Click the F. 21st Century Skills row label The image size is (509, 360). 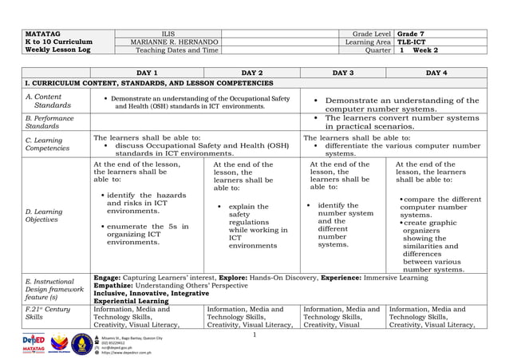point(45,312)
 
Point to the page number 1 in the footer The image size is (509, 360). point(251,334)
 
